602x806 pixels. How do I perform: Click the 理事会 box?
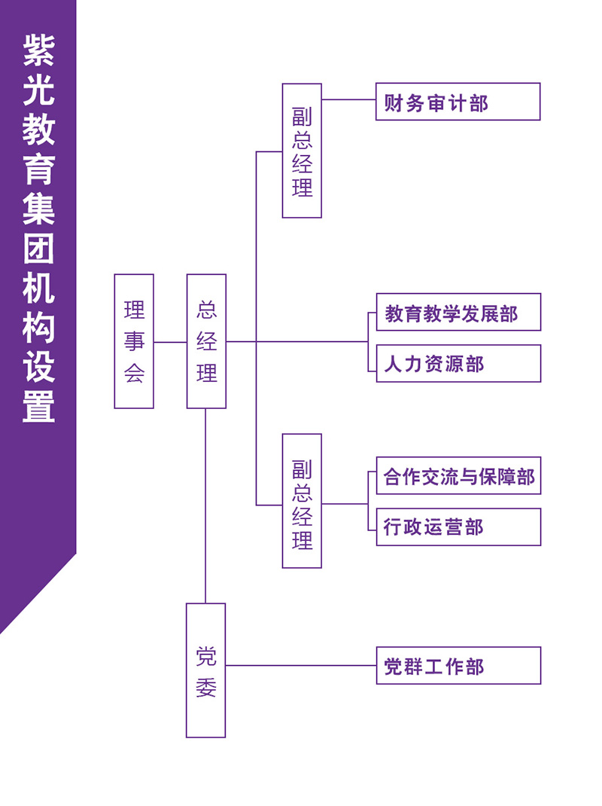[133, 341]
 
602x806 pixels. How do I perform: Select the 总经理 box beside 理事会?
[206, 341]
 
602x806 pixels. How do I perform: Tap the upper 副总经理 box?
[302, 151]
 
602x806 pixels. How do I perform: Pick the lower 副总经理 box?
[302, 501]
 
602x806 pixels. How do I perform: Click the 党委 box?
[205, 670]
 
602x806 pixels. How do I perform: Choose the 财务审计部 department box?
[458, 102]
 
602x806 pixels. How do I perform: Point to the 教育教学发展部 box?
[459, 312]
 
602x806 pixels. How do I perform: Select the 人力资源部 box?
[459, 363]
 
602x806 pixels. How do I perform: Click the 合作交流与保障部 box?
[459, 475]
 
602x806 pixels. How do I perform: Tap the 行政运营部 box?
[459, 527]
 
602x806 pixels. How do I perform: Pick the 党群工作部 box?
[459, 666]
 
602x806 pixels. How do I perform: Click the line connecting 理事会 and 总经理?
[170, 342]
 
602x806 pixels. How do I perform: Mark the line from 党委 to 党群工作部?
[301, 666]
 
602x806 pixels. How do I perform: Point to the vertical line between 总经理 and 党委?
[205, 505]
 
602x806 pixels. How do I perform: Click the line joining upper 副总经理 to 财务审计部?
[348, 99]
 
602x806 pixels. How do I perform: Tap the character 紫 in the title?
[38, 50]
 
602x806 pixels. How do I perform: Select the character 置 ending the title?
[38, 407]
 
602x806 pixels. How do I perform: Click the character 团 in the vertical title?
[38, 249]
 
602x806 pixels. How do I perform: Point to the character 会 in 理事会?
[134, 373]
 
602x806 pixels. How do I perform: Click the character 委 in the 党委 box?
[206, 687]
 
